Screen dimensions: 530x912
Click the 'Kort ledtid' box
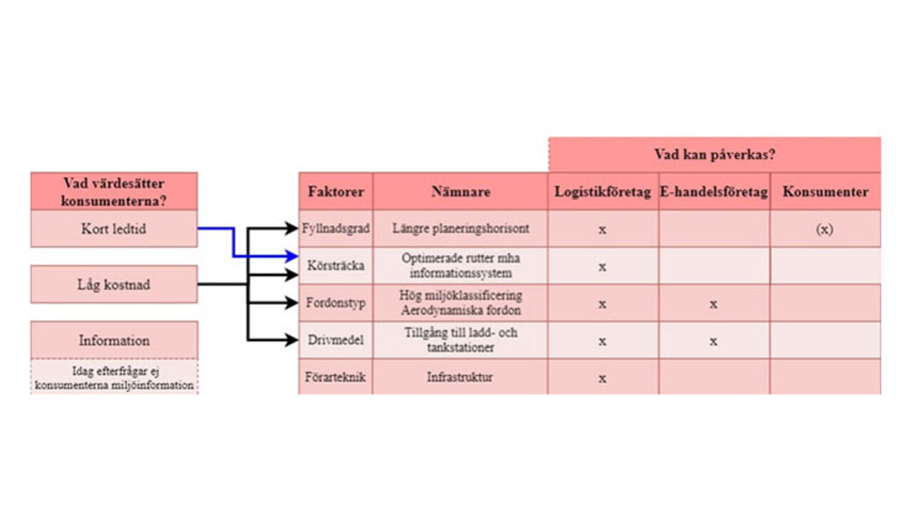tap(114, 229)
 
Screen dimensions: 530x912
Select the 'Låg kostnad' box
tap(114, 284)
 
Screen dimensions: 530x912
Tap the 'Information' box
tap(114, 340)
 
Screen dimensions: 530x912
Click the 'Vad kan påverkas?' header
tap(715, 154)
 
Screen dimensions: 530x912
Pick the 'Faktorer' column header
tap(336, 192)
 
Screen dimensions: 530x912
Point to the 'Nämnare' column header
tap(460, 192)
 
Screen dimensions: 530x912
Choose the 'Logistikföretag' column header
tap(603, 192)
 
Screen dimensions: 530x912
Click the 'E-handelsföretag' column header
tap(714, 192)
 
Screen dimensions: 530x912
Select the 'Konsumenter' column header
tap(825, 192)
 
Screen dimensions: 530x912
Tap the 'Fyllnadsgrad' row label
tap(336, 229)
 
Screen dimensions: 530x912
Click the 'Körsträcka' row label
tap(336, 266)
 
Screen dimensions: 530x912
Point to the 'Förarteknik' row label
tap(336, 377)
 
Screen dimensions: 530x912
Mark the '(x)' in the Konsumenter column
tap(824, 230)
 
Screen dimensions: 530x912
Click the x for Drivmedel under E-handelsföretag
tap(713, 341)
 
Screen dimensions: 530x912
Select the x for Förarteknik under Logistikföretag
tap(602, 378)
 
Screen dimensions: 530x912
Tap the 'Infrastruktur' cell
tap(460, 377)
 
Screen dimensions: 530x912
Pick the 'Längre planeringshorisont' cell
tap(460, 229)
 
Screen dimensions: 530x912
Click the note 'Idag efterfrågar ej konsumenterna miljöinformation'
tap(114, 378)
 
